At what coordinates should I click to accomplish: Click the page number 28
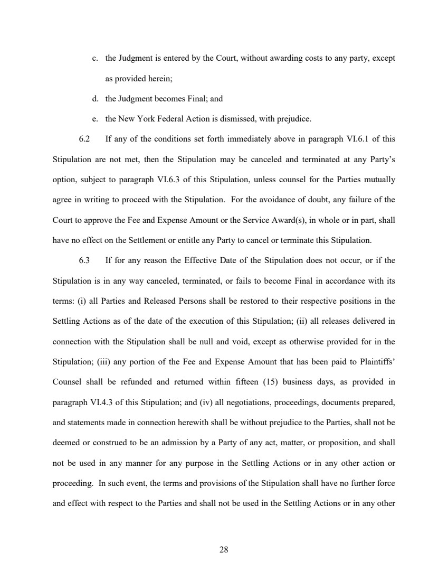coord(224,550)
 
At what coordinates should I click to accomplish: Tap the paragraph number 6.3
coord(84,260)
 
